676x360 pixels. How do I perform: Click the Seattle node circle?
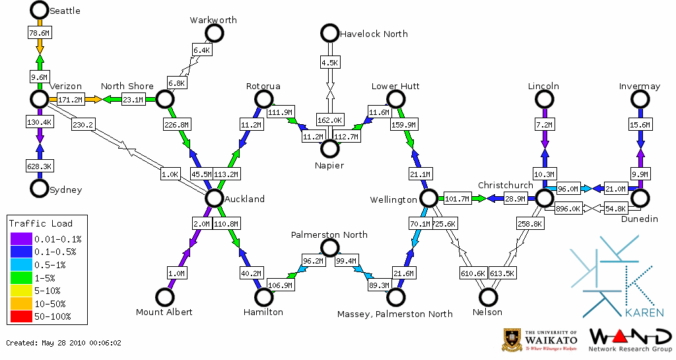point(40,10)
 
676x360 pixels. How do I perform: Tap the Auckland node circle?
point(213,198)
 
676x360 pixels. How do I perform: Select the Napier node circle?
point(329,149)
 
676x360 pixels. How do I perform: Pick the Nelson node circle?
point(489,297)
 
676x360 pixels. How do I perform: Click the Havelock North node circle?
point(329,33)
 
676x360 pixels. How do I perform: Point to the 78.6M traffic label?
point(40,32)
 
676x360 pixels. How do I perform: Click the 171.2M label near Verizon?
point(70,100)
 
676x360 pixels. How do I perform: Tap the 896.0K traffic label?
point(568,209)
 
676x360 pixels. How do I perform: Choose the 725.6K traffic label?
point(444,225)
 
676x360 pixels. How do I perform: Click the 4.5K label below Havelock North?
point(329,63)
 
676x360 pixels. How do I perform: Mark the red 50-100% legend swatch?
point(20,317)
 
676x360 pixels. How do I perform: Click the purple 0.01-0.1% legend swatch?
point(20,238)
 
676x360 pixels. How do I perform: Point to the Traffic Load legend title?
point(41,223)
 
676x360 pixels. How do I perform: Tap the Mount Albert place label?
point(164,312)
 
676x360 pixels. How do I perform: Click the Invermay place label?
point(639,87)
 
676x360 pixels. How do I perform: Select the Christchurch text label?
point(505,186)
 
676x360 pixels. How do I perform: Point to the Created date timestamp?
point(64,343)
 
